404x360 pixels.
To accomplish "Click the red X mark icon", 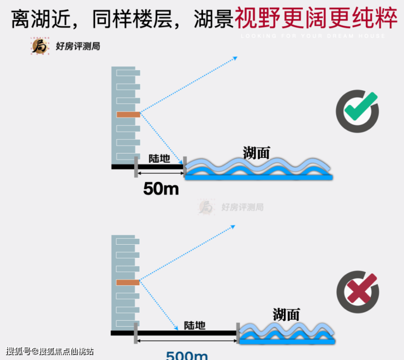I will pyautogui.click(x=358, y=291).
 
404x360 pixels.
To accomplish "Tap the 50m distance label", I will pyautogui.click(x=161, y=189).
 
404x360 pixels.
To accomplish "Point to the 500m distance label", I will pyautogui.click(x=187, y=355).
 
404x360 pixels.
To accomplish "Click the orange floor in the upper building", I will pyautogui.click(x=128, y=115).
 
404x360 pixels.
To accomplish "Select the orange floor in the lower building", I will pyautogui.click(x=128, y=282).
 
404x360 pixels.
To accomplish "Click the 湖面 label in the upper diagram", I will pyautogui.click(x=257, y=152).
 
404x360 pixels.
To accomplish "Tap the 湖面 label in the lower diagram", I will pyautogui.click(x=287, y=314).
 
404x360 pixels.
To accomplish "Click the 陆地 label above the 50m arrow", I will pyautogui.click(x=159, y=158).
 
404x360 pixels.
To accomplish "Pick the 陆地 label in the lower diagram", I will pyautogui.click(x=195, y=326).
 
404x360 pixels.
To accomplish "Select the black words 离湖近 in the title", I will pyautogui.click(x=36, y=20).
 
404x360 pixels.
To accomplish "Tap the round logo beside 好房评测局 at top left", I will pyautogui.click(x=40, y=46).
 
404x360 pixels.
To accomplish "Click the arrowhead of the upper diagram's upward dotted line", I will pyautogui.click(x=235, y=57).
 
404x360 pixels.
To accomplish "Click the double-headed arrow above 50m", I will pyautogui.click(x=161, y=173).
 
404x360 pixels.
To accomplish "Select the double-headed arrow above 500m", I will pyautogui.click(x=187, y=340).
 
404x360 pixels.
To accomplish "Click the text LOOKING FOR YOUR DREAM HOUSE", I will pyautogui.click(x=313, y=36).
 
